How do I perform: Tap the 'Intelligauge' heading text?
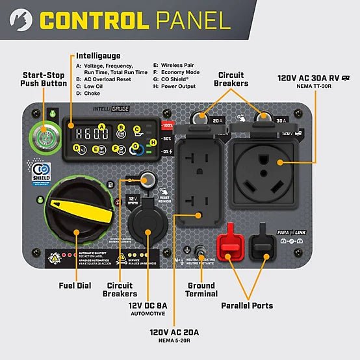[98, 56]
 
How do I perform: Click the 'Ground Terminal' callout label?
[201, 290]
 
